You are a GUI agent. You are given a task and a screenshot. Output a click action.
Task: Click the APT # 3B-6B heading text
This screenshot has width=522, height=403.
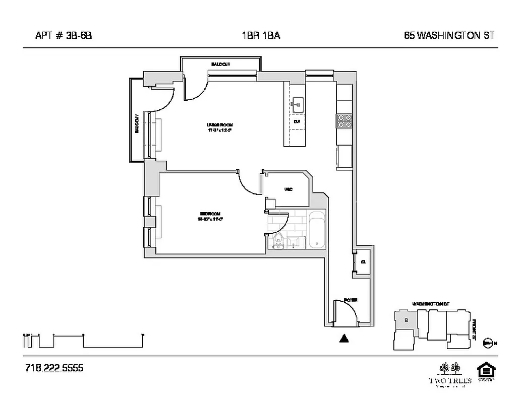(x=64, y=35)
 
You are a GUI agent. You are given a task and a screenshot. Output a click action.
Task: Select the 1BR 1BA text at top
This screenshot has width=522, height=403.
(x=261, y=35)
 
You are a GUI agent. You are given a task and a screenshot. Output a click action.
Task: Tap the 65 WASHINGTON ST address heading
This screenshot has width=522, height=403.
(x=448, y=35)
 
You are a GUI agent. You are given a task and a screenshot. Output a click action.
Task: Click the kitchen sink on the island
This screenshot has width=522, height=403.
(x=297, y=105)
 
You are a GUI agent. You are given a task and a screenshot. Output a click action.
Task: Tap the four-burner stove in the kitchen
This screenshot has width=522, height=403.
(x=344, y=120)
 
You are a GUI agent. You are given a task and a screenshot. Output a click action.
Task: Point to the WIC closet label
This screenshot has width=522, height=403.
(x=288, y=189)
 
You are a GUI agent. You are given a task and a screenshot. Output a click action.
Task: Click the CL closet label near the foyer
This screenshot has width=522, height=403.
(x=363, y=261)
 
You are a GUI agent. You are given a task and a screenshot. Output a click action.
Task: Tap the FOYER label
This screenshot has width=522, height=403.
(x=351, y=300)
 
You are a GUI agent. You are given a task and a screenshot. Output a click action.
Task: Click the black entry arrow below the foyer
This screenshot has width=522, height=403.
(x=344, y=339)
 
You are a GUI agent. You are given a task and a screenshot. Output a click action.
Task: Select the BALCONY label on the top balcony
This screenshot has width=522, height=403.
(x=220, y=64)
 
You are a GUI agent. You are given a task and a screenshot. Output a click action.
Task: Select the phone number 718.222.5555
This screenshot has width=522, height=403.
(x=54, y=368)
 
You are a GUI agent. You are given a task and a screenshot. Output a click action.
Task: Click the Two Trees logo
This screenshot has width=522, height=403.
(x=450, y=373)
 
